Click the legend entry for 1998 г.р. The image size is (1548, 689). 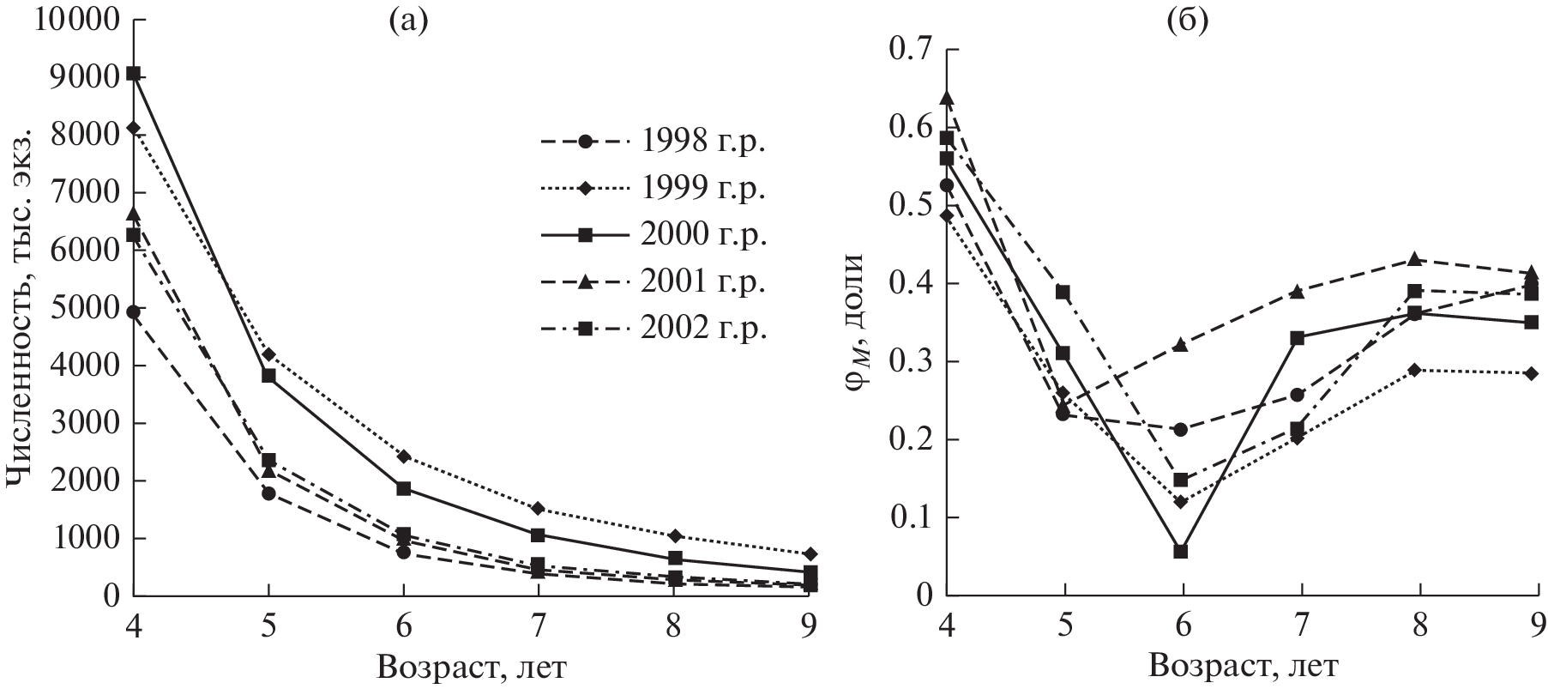tap(652, 142)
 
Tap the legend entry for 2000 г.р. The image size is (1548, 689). tap(652, 236)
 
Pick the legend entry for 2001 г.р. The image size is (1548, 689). tap(652, 282)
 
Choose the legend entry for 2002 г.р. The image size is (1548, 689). tap(652, 329)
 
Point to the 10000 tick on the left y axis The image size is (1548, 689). tap(75, 20)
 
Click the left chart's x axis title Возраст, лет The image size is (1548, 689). tap(470, 667)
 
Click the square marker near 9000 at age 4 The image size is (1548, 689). tap(134, 74)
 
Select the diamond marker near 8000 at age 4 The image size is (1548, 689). tap(134, 128)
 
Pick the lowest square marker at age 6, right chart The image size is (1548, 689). tap(1181, 551)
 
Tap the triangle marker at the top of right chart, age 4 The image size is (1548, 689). tap(947, 98)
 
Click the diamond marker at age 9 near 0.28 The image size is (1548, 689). tap(1532, 373)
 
